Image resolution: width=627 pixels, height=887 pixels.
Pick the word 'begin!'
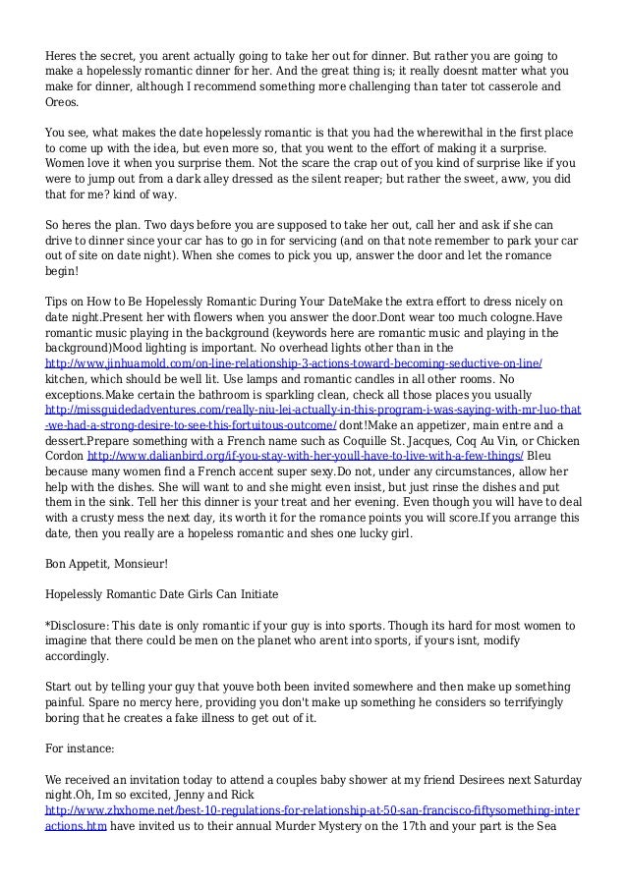[x=65, y=271]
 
